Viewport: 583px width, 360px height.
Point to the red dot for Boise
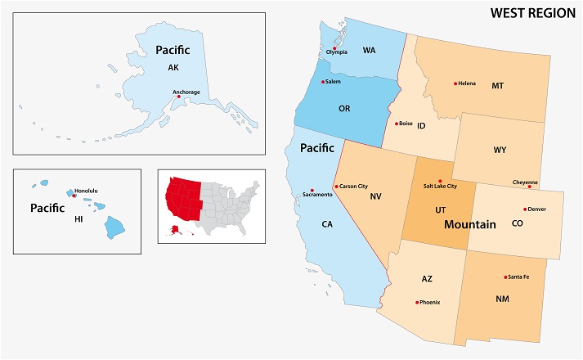(x=397, y=124)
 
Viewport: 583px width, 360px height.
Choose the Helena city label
(x=467, y=83)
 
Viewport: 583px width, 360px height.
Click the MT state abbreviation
(x=497, y=85)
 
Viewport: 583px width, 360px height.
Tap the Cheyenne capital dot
(x=529, y=187)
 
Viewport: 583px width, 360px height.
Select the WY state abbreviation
(x=500, y=150)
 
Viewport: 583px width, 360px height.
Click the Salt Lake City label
(x=439, y=187)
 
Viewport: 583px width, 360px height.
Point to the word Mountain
(x=469, y=223)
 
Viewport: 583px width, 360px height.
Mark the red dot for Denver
(x=525, y=209)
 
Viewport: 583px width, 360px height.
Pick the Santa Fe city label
(x=518, y=277)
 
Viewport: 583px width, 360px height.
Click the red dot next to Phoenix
(x=415, y=303)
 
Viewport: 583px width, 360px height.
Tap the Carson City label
(x=354, y=187)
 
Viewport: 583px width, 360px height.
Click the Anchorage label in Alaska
(x=187, y=92)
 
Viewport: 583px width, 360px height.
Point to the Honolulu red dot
(x=74, y=196)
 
